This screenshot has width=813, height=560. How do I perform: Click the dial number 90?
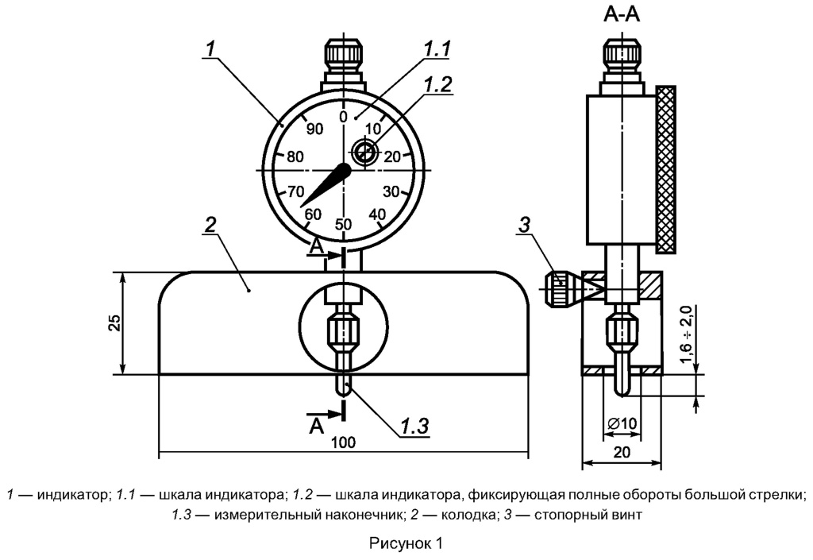(x=314, y=130)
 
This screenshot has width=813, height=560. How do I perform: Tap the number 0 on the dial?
(x=343, y=117)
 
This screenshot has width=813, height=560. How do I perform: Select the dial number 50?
(x=343, y=224)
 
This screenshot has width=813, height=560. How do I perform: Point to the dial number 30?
(x=391, y=191)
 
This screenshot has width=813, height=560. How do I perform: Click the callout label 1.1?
(x=437, y=49)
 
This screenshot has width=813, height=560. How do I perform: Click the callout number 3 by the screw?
(x=523, y=226)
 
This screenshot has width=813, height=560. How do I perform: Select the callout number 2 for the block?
(x=210, y=225)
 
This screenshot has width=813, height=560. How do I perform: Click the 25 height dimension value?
(x=114, y=322)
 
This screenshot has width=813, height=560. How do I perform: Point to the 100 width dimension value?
(x=343, y=442)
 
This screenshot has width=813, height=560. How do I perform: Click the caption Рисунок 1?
(x=406, y=544)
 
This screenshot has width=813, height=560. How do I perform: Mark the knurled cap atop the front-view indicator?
(x=343, y=56)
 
